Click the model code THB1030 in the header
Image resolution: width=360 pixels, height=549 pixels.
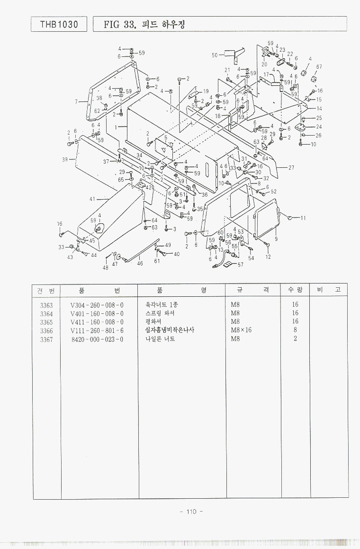59,24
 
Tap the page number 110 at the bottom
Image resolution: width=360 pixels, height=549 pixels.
191,511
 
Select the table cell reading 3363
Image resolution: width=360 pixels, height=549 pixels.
46,305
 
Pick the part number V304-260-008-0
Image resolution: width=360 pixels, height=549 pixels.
97,305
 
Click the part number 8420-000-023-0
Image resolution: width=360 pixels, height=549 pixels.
97,339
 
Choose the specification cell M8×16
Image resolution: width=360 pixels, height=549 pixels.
241,330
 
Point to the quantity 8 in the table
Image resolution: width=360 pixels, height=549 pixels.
295,330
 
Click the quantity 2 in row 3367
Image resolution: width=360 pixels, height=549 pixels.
295,339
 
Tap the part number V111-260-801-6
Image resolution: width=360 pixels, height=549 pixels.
97,330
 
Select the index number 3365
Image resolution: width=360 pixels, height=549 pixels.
46,322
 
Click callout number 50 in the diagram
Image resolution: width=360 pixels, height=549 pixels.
215,55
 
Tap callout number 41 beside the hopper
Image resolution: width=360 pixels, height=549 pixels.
92,199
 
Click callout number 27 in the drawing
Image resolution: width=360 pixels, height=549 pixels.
291,167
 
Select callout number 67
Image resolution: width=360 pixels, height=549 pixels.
319,67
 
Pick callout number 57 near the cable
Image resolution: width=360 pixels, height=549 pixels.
240,265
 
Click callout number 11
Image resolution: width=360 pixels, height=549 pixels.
303,218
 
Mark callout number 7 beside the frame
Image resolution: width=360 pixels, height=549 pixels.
76,101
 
